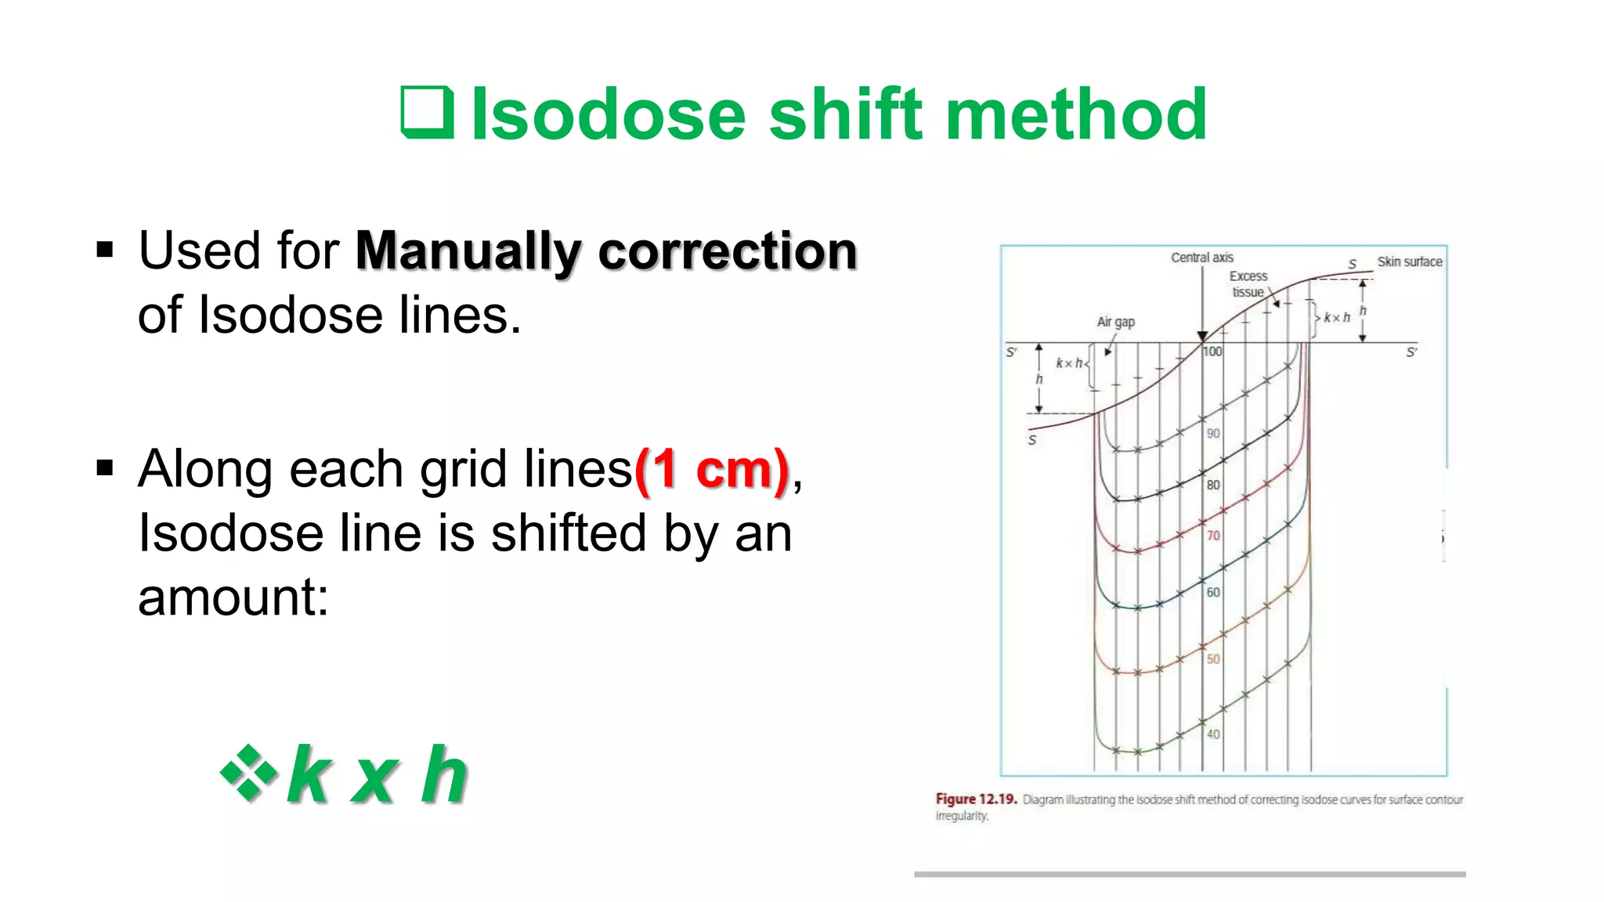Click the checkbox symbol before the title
coord(428,113)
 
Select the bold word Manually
coord(468,252)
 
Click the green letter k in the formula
coord(309,774)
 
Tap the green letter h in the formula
coord(444,774)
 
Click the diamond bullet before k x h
coord(249,773)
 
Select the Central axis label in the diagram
coord(1201,258)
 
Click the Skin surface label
coord(1409,262)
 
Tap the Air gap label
coord(1115,322)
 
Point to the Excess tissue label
coord(1248,284)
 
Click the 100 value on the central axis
coord(1212,352)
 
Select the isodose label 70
coord(1213,536)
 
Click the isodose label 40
coord(1213,734)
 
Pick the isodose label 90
coord(1213,433)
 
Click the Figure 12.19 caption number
coord(976,799)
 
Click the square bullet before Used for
coord(105,251)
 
